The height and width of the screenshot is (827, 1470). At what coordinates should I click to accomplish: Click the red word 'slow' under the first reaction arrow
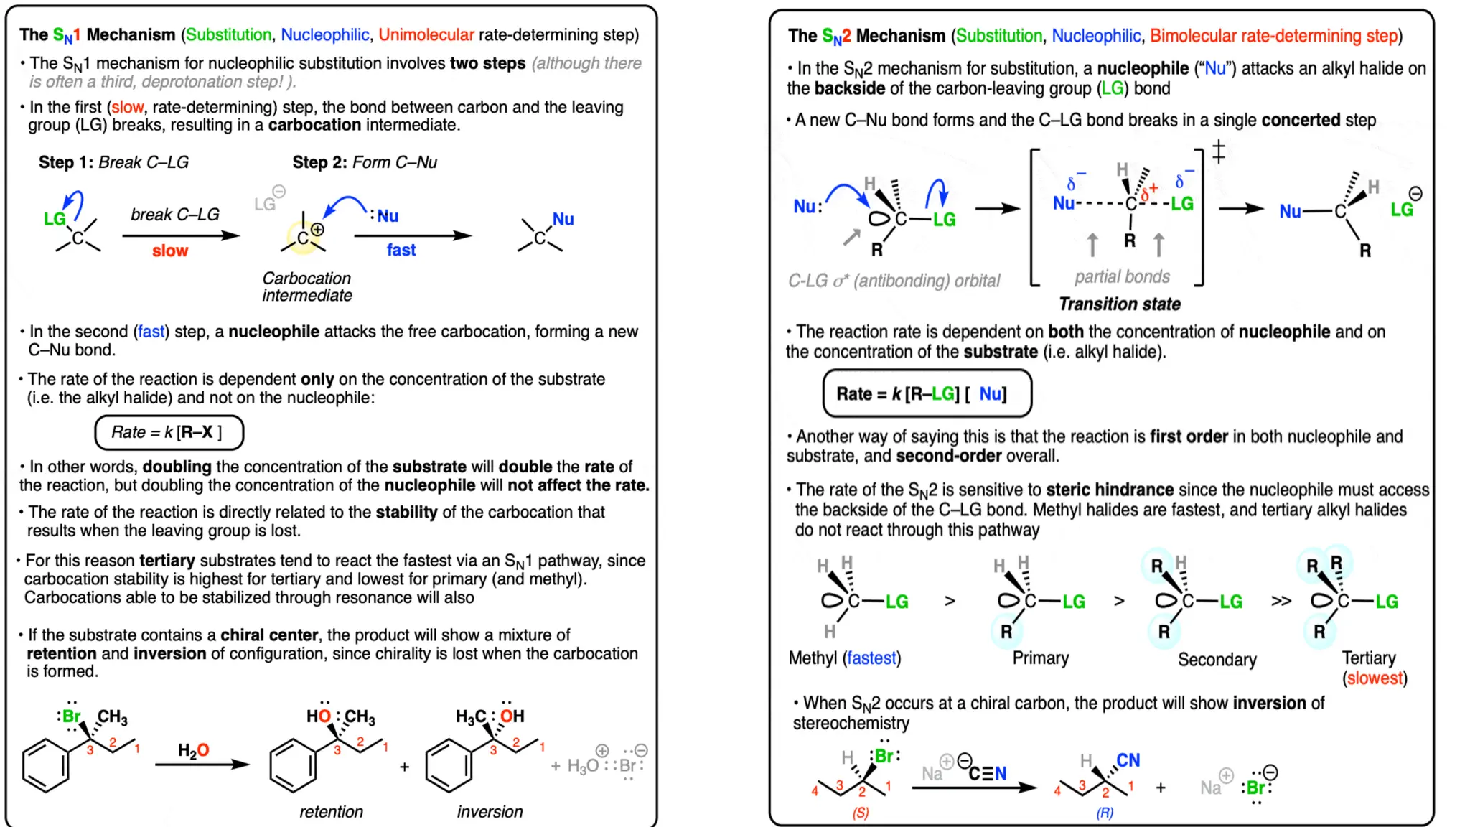(170, 251)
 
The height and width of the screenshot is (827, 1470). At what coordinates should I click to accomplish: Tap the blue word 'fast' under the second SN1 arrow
(401, 250)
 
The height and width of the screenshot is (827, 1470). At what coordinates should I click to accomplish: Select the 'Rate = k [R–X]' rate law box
(169, 432)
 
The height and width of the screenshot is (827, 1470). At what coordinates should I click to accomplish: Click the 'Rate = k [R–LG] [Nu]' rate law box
(927, 393)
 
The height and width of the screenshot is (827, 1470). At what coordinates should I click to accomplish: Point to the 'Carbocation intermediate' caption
(306, 286)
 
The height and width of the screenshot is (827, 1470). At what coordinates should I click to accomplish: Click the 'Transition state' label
(1120, 304)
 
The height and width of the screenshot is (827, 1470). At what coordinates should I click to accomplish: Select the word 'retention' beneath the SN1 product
(331, 811)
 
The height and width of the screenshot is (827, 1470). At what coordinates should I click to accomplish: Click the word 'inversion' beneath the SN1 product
(490, 811)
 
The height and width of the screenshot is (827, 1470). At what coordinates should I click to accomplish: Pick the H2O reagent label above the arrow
(194, 750)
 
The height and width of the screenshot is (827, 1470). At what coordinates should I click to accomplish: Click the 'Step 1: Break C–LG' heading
(113, 162)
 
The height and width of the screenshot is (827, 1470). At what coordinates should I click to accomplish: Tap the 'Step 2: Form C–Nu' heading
(365, 162)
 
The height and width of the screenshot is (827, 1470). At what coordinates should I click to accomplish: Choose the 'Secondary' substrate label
(1217, 659)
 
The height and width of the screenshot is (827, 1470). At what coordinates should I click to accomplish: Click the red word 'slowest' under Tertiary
(1375, 678)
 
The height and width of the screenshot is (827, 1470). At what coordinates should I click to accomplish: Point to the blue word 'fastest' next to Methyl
(871, 658)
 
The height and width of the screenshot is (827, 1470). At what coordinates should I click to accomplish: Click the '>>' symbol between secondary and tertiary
(1281, 601)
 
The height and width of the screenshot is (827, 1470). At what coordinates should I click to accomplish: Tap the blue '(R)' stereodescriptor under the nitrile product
(1105, 813)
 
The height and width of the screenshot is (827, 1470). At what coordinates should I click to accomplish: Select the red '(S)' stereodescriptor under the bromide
(860, 813)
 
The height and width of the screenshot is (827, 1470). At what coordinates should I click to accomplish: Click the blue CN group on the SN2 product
(1128, 760)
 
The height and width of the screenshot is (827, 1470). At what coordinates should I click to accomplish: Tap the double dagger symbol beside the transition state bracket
(1219, 152)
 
